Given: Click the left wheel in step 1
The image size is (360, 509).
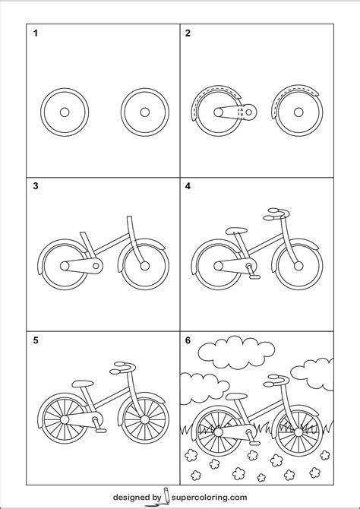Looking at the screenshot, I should pos(64,112).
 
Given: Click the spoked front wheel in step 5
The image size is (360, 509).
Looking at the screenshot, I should pos(144,419).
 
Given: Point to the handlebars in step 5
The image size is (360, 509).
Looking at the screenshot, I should pos(123,367).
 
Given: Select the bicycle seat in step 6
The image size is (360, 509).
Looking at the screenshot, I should pos(235,395).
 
